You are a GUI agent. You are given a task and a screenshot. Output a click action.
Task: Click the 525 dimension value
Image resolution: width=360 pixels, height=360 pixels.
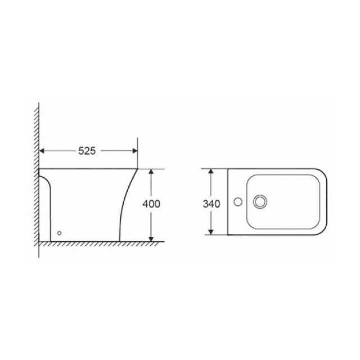pyautogui.click(x=87, y=151)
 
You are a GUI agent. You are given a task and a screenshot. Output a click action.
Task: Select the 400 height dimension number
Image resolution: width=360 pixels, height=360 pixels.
pyautogui.click(x=151, y=204)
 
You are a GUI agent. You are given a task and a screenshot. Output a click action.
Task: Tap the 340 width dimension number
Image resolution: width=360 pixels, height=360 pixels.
pyautogui.click(x=211, y=204)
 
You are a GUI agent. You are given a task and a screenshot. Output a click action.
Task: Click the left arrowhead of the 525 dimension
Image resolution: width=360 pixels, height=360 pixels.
pyautogui.click(x=42, y=151)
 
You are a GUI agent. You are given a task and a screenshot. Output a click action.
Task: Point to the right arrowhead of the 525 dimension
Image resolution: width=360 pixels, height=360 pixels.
pyautogui.click(x=135, y=151)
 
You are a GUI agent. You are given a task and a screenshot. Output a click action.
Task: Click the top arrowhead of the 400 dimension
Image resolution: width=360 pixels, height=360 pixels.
pyautogui.click(x=151, y=172)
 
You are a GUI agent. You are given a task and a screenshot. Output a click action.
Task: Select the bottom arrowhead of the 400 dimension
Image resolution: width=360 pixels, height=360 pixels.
pyautogui.click(x=151, y=239)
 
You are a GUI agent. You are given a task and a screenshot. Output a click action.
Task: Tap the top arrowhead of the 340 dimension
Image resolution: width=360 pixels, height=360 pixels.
pyautogui.click(x=211, y=172)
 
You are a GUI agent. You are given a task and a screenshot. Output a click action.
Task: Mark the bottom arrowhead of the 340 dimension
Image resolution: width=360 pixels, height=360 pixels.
pyautogui.click(x=211, y=232)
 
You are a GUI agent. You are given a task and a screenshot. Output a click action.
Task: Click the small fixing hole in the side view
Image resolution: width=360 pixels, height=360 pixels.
pyautogui.click(x=59, y=233)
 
